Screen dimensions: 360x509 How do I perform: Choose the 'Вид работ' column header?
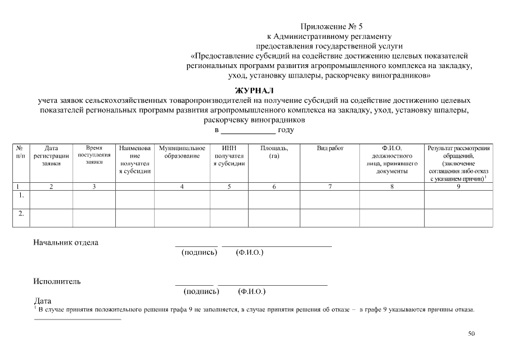(x=330, y=148)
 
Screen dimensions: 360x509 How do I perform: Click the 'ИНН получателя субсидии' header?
(x=229, y=156)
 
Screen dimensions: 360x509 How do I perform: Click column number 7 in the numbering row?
(x=330, y=186)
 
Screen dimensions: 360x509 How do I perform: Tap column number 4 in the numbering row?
(x=182, y=186)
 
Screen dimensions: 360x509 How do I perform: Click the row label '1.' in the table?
(x=21, y=196)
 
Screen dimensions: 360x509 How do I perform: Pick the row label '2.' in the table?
(x=21, y=214)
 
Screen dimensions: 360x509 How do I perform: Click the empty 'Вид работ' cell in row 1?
(x=330, y=199)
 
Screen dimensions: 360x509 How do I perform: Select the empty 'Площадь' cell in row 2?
(x=274, y=218)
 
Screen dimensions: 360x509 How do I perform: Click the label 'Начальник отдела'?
(x=66, y=243)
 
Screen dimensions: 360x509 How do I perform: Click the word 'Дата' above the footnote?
(x=43, y=301)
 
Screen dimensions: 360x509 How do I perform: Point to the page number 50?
(x=471, y=334)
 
